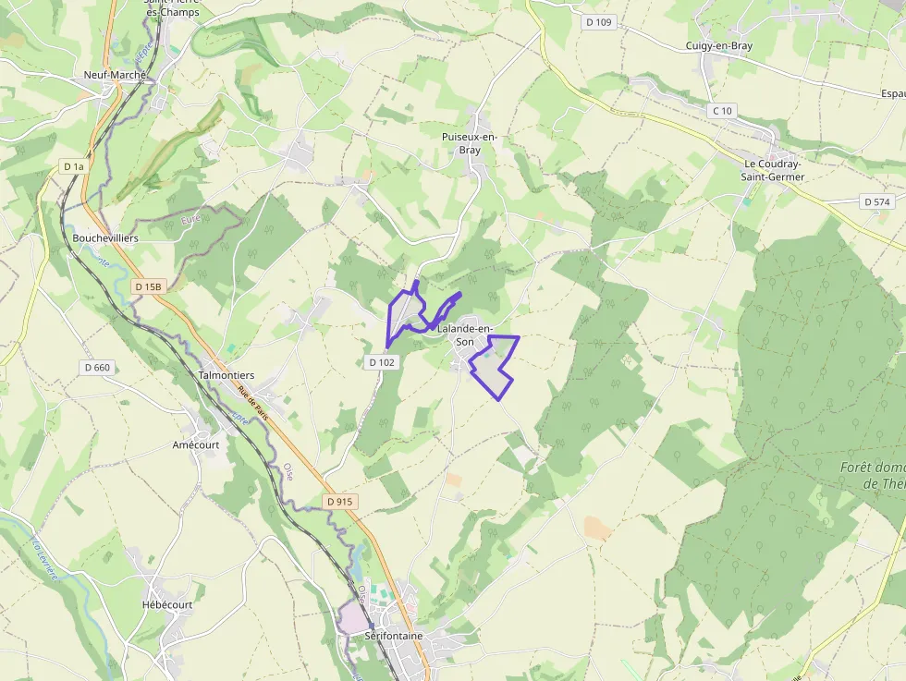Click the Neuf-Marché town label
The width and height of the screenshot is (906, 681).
pos(116,74)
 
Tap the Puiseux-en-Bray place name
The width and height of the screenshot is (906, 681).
pos(470,143)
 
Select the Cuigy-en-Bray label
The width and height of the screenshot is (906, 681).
pos(719,45)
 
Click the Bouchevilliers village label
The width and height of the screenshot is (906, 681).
pos(105,237)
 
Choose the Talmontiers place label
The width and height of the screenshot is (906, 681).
pos(226,375)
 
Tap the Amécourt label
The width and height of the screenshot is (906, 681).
pos(196,444)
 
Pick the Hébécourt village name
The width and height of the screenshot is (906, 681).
pos(167,604)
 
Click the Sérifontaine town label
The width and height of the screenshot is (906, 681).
pos(394,636)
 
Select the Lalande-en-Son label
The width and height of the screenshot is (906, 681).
pos(466,334)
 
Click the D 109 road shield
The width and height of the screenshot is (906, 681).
pos(599,22)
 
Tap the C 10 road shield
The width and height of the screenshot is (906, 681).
pos(722,111)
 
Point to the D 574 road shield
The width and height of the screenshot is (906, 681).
pos(876,201)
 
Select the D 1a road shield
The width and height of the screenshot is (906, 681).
pos(73,166)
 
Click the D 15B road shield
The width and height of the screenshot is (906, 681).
pos(148,286)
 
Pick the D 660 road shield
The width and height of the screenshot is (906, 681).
pos(96,368)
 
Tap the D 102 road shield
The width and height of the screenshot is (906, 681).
pos(382,362)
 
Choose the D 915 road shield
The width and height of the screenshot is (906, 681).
pos(340,501)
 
